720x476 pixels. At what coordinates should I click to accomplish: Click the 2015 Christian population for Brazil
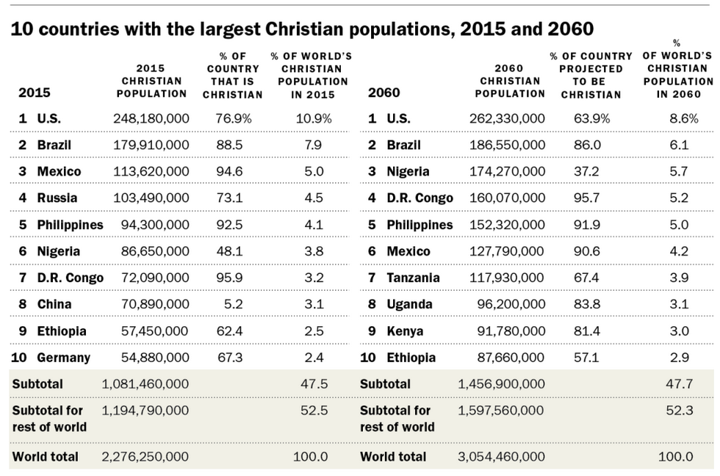(x=151, y=145)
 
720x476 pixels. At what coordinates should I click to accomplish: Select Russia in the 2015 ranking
(x=57, y=198)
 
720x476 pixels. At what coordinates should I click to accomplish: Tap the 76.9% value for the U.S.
(x=234, y=118)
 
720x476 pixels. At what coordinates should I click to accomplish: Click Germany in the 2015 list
(x=63, y=358)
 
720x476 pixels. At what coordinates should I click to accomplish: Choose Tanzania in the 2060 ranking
(x=413, y=278)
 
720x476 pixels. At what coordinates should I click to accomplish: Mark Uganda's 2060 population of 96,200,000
(x=508, y=304)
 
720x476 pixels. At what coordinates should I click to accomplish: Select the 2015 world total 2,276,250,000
(x=145, y=456)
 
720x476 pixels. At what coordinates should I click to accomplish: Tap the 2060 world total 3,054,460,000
(x=501, y=456)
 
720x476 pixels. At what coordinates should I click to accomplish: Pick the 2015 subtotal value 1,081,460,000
(x=145, y=383)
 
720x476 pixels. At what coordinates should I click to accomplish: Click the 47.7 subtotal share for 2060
(x=679, y=383)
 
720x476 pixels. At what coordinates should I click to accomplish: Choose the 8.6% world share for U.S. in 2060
(x=678, y=118)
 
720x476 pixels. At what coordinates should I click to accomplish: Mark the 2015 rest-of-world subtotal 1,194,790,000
(x=145, y=410)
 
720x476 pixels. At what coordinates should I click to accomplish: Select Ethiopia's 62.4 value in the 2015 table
(x=230, y=331)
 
